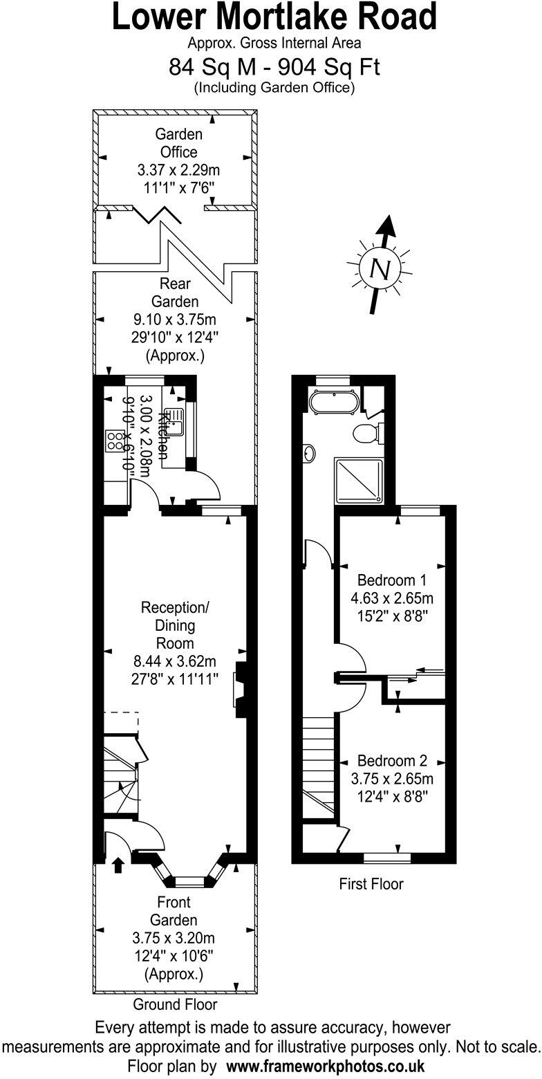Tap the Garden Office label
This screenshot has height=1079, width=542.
[179, 143]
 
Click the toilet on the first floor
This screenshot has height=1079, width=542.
[364, 434]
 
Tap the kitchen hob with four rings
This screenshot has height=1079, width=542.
[113, 441]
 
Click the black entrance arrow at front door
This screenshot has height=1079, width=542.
[118, 864]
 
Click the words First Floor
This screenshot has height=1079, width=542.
[371, 883]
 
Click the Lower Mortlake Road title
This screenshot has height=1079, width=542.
[274, 17]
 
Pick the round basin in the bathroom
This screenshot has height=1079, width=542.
[309, 453]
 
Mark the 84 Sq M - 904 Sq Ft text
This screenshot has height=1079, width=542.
[274, 67]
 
